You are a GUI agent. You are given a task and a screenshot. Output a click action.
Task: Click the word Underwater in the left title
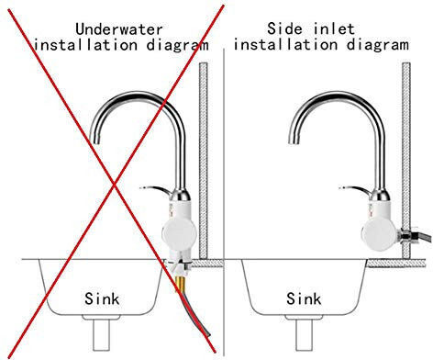pos(119,29)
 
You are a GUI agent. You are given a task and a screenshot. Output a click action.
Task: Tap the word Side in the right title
pos(284,28)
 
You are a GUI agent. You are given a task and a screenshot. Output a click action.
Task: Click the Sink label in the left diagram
pos(102,298)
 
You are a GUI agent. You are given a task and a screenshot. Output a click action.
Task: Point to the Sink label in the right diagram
pos(304,298)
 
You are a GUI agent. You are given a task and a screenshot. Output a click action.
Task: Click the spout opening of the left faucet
pos(95,140)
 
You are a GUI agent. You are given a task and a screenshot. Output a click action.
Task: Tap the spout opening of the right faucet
pos(294,140)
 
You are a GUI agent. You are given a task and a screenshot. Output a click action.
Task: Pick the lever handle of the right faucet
pos(354,190)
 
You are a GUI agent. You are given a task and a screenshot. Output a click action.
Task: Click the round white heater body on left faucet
pos(178,234)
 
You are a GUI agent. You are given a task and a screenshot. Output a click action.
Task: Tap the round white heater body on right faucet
pos(379,234)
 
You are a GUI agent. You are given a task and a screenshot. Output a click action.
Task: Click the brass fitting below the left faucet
pos(180,283)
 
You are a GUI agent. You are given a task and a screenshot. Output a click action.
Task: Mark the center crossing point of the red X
pos(115,184)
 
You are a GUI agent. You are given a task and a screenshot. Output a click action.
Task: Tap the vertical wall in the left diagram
pos(204,161)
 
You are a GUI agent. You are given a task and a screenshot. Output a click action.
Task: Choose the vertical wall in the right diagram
pos(406,161)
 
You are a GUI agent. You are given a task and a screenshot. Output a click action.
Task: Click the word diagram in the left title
pos(178,45)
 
